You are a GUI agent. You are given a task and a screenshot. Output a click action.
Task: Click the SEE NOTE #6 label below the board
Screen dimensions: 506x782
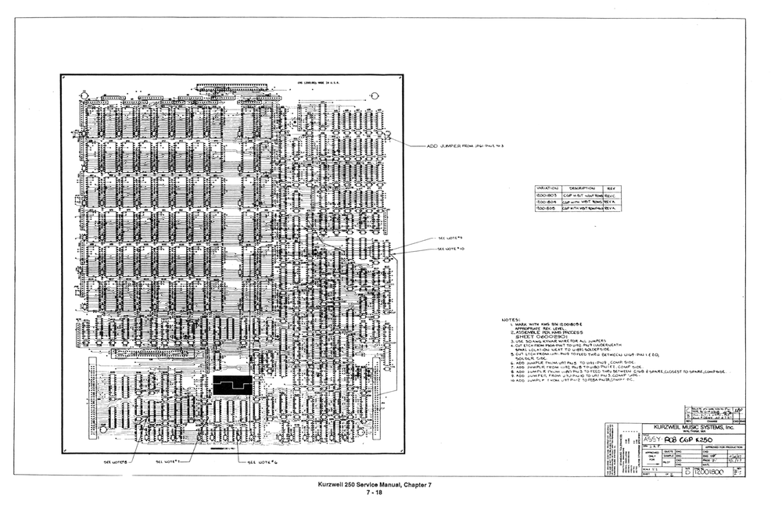(x=263, y=462)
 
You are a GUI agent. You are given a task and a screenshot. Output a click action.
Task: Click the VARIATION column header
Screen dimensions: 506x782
(x=547, y=188)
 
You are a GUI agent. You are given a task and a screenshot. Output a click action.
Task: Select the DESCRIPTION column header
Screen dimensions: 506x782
(x=583, y=188)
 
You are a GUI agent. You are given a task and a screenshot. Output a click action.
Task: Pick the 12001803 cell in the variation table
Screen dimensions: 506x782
(x=546, y=196)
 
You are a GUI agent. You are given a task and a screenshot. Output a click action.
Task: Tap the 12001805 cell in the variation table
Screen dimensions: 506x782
(x=546, y=210)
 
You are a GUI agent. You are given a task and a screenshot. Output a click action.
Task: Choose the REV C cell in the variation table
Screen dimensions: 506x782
(x=611, y=196)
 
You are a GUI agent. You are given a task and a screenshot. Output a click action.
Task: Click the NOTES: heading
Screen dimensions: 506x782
(x=511, y=320)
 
